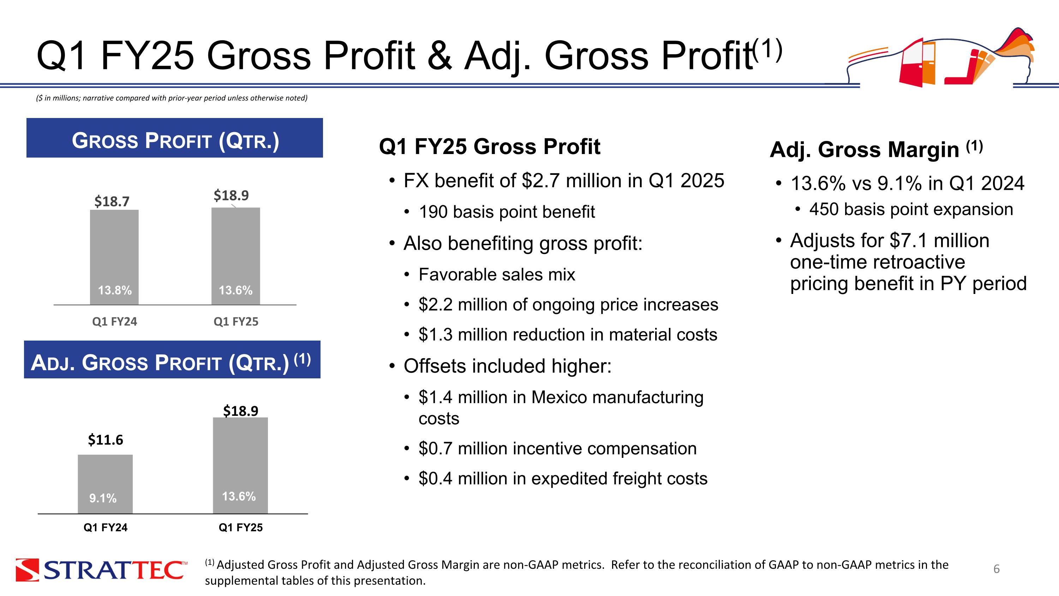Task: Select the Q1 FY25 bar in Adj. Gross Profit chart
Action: click(240, 456)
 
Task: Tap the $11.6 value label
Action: click(105, 440)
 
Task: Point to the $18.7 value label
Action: click(112, 201)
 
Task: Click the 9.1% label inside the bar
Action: click(103, 498)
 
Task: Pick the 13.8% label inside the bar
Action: click(115, 290)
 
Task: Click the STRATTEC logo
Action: click(101, 570)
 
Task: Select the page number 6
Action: click(996, 569)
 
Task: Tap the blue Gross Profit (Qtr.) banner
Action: click(175, 138)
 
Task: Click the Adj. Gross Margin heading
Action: click(876, 149)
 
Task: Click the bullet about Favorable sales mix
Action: click(497, 275)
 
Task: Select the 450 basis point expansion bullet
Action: click(911, 210)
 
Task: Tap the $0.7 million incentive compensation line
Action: click(557, 449)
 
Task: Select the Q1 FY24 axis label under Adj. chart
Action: click(105, 528)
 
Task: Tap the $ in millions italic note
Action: click(172, 98)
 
